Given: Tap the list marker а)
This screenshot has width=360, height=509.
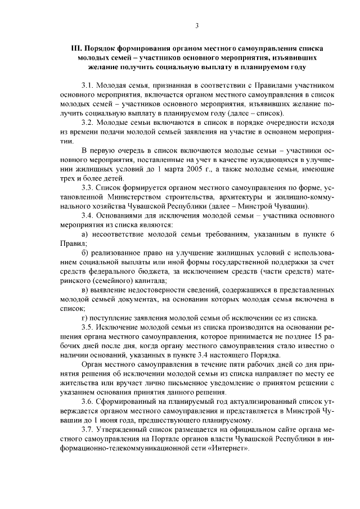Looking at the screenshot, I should point(85,233).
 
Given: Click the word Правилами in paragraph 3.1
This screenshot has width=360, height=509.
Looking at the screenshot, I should point(246,85).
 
